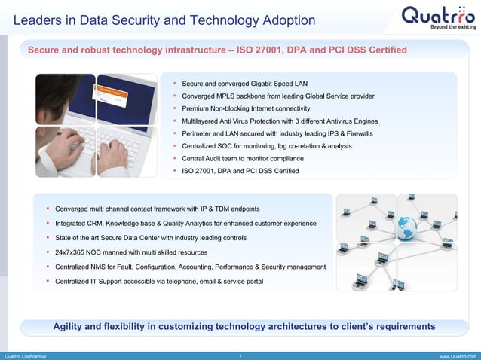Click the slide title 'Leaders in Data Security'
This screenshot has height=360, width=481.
pyautogui.click(x=164, y=20)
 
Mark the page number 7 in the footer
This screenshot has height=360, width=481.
pyautogui.click(x=240, y=355)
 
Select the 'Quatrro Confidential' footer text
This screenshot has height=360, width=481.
pyautogui.click(x=26, y=355)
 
